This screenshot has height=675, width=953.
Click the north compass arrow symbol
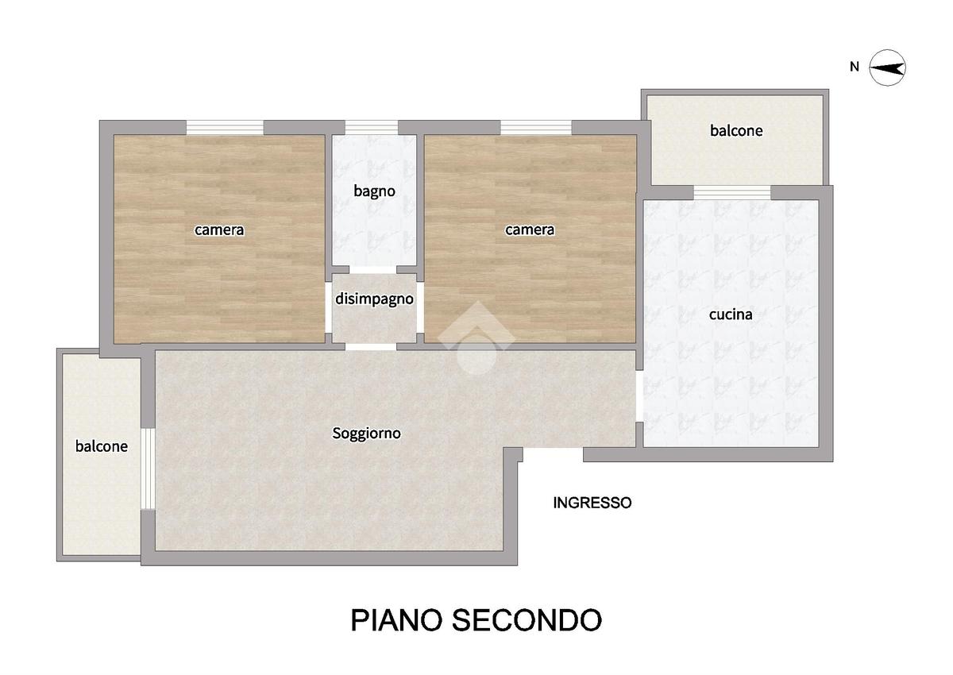pos(887,67)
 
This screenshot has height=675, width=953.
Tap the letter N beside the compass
pos(855,67)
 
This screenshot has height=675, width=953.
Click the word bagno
pos(374,191)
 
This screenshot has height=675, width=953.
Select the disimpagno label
pos(374,299)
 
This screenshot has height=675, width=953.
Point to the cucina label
pos(731,314)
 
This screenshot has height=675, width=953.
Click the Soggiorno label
pos(366,434)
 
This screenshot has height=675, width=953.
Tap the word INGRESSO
pos(592,503)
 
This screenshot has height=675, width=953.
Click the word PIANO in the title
pos(396,620)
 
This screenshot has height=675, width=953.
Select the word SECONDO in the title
pos(527,620)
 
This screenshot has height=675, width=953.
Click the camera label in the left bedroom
pos(219,230)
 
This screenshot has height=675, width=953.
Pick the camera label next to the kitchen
pos(530,230)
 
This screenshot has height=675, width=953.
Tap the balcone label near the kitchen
pos(736,130)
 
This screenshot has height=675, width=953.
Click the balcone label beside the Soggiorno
pos(102,446)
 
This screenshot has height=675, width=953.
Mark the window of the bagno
pos(372,128)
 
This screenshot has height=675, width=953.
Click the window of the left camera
pos(225,128)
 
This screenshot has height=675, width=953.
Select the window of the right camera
pos(536,128)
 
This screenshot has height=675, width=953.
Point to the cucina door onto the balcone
pos(732,193)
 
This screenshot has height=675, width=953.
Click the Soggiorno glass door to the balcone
pos(148,469)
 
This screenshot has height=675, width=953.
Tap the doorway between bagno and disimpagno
pos(372,270)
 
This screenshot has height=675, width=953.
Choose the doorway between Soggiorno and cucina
pos(639,396)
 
